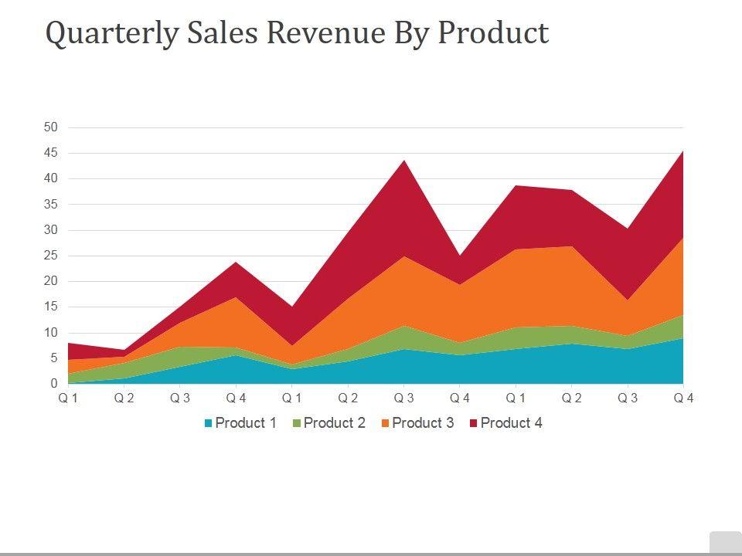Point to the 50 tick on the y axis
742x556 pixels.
(50, 127)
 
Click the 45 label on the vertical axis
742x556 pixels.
(50, 153)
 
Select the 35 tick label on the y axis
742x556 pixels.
(50, 205)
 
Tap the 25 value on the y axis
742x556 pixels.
(50, 256)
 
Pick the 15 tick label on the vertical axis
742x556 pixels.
(50, 307)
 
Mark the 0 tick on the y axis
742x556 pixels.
(54, 384)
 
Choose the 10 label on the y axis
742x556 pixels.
(50, 333)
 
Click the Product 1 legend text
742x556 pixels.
(246, 423)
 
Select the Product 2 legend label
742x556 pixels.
(334, 423)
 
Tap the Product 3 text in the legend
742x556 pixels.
(423, 423)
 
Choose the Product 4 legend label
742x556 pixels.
(511, 423)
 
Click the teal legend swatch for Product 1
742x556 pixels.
(209, 423)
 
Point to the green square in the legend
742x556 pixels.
(297, 423)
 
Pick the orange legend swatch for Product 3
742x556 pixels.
(386, 423)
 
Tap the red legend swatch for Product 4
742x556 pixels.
(474, 423)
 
